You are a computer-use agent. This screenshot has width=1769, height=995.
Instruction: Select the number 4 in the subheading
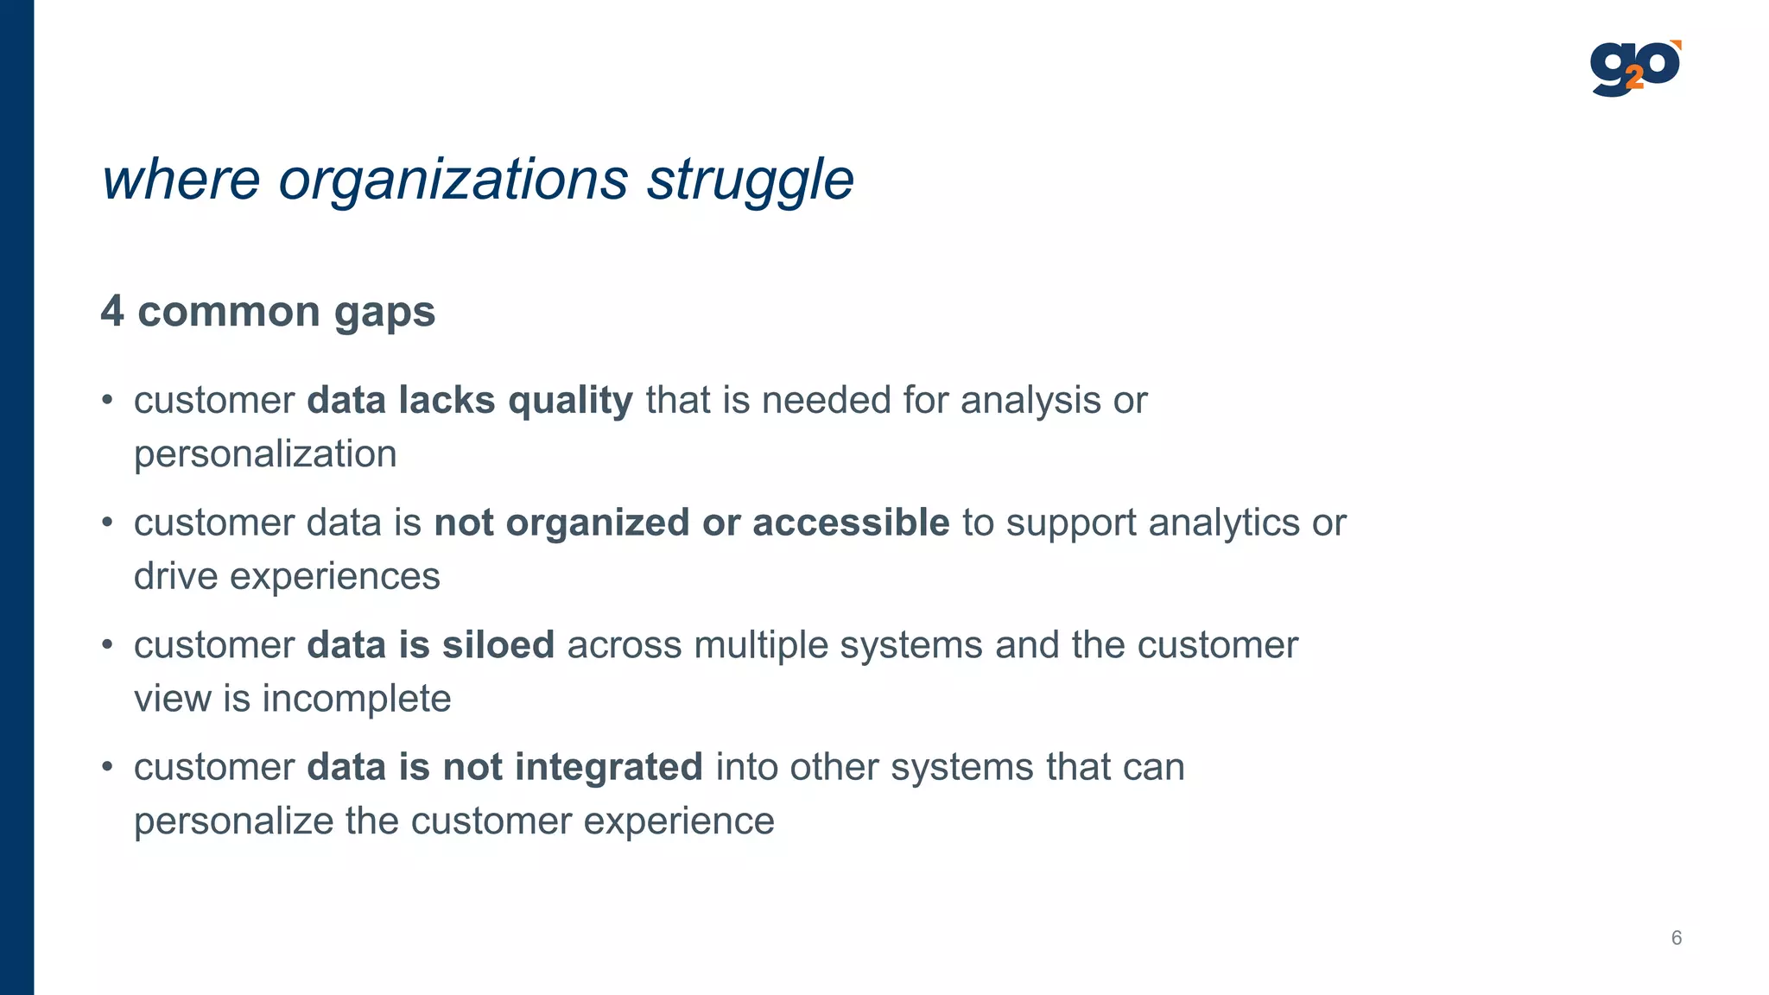(112, 311)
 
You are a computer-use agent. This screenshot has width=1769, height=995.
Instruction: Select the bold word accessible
(851, 523)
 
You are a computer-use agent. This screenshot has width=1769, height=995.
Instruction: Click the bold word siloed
(498, 645)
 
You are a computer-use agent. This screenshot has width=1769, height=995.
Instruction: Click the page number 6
(1677, 938)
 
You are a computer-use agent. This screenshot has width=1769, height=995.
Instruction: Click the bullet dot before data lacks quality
(107, 402)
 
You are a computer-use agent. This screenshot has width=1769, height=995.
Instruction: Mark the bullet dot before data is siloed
(107, 646)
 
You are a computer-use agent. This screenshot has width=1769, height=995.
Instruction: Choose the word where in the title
(181, 180)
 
